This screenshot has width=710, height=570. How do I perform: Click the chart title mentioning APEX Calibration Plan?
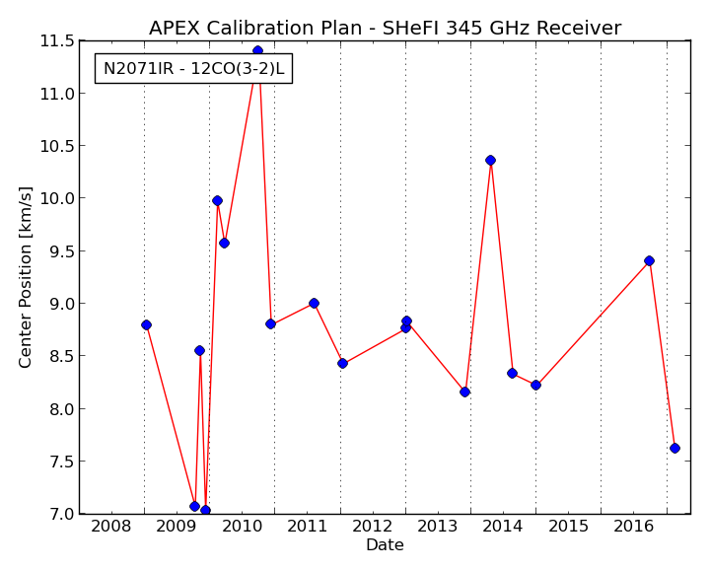[x=385, y=28]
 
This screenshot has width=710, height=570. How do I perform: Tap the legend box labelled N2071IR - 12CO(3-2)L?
[x=194, y=69]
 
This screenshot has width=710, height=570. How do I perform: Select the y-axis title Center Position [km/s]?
[x=25, y=277]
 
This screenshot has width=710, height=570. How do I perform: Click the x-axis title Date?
[x=385, y=544]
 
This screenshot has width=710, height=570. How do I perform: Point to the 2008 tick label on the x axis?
[x=110, y=526]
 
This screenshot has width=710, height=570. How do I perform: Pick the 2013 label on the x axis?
[x=437, y=526]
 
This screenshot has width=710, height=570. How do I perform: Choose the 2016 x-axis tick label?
[x=633, y=526]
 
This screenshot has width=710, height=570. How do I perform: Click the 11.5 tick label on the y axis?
[x=57, y=41]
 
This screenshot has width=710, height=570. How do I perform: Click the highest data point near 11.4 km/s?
[x=257, y=50]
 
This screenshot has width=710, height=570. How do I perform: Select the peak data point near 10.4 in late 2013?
[x=490, y=161]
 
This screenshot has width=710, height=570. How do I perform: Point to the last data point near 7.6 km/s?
[x=674, y=449]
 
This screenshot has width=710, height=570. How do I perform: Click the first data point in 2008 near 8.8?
[x=146, y=325]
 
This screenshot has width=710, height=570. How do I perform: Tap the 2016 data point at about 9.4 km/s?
[x=649, y=260]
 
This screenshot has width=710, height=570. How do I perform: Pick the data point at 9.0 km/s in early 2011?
[x=314, y=304]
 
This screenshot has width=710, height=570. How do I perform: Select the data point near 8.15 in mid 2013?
[x=464, y=392]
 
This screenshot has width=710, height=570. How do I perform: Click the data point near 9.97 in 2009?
[x=217, y=201]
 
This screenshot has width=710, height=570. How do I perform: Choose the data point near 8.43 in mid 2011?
[x=342, y=363]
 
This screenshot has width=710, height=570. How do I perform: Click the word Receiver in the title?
[x=579, y=28]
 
